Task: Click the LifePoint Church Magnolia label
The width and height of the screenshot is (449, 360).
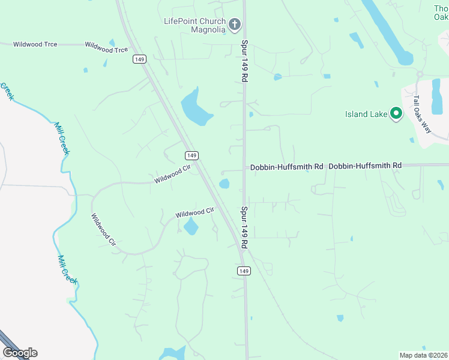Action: (194, 25)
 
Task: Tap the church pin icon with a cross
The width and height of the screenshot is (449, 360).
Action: (235, 25)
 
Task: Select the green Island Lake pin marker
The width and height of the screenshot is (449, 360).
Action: (396, 113)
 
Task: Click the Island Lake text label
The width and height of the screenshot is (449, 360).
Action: (364, 114)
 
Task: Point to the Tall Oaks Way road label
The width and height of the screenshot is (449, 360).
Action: (422, 113)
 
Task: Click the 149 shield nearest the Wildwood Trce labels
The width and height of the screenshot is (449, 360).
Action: (139, 59)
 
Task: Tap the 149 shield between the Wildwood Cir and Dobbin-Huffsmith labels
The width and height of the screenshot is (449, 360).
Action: (191, 155)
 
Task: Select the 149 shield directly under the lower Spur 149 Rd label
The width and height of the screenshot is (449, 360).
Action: (243, 271)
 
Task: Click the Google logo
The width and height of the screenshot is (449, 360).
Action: (20, 353)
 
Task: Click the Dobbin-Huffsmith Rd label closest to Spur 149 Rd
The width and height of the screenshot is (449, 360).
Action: (287, 166)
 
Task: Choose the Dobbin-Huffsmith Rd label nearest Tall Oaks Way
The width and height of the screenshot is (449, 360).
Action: (365, 165)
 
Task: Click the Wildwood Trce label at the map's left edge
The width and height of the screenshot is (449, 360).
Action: (35, 44)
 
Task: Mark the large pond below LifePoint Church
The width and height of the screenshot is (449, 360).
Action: (196, 107)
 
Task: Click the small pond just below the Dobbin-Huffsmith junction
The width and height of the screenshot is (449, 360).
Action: (224, 184)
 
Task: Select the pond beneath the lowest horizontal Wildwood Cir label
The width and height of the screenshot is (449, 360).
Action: (191, 226)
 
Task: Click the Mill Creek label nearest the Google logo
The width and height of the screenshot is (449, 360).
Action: (67, 269)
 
